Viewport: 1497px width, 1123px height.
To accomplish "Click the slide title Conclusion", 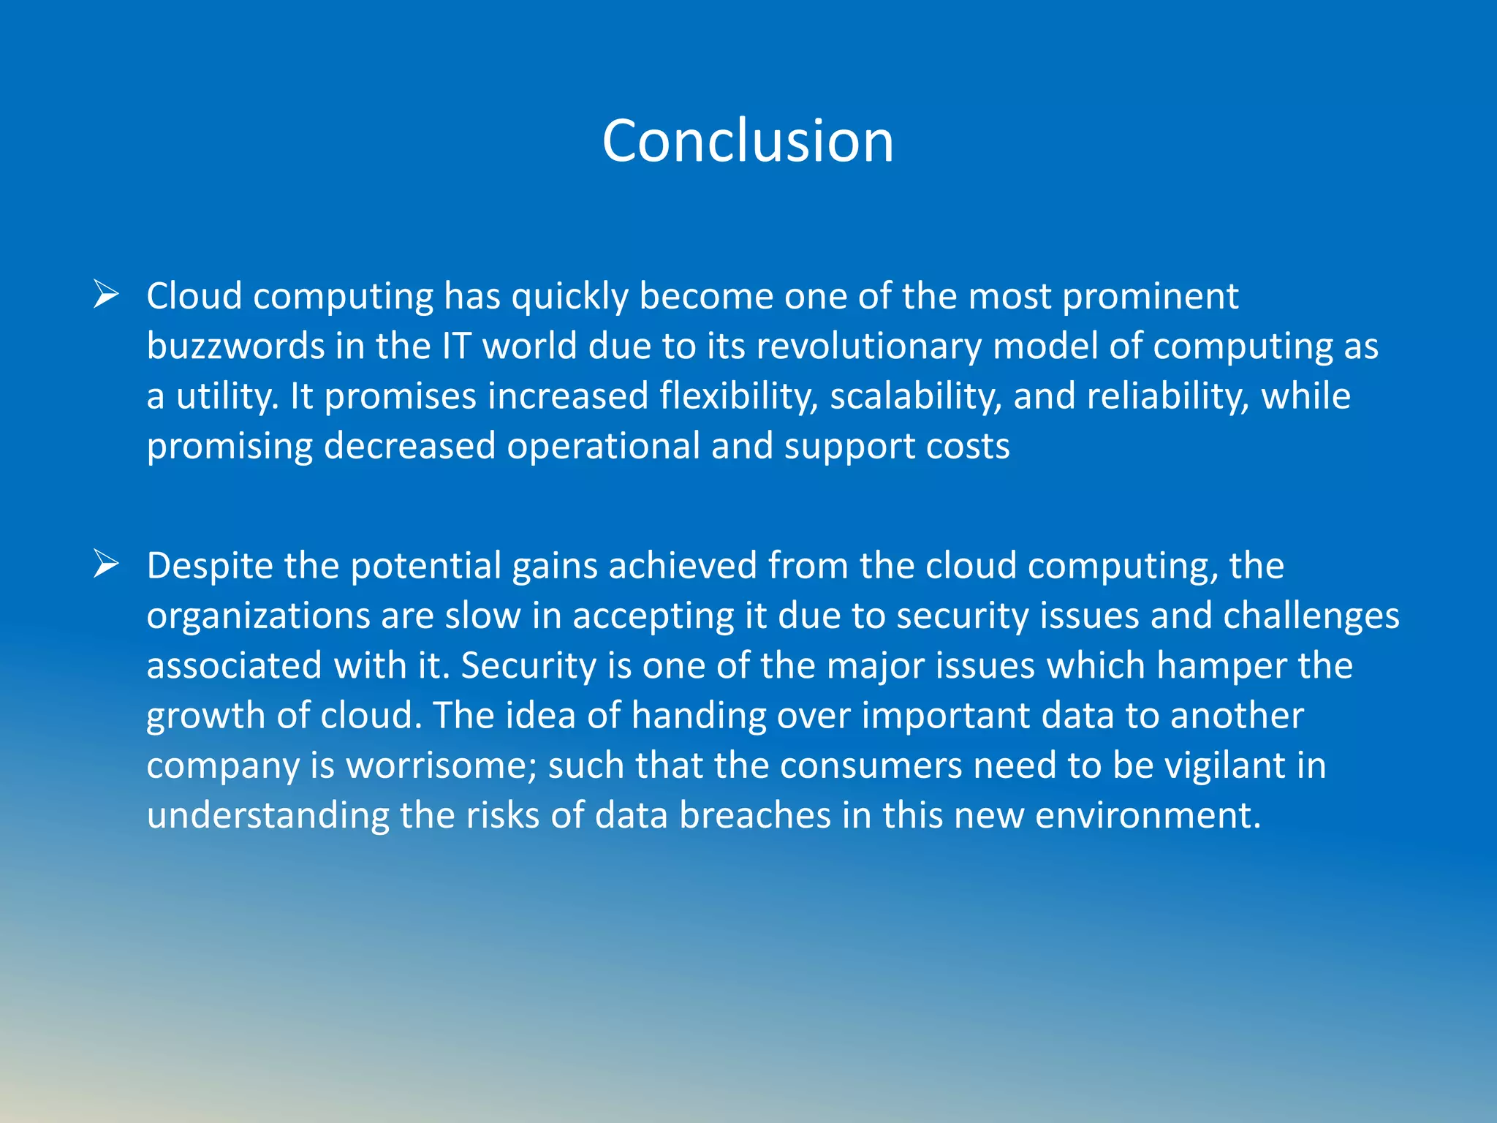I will click(x=748, y=140).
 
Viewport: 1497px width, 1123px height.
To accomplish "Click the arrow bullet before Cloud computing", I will click(x=107, y=295).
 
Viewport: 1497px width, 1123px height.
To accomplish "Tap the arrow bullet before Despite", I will click(x=107, y=564).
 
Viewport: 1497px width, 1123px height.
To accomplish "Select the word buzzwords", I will click(x=235, y=346).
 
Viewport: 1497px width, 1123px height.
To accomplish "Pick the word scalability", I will click(x=915, y=396).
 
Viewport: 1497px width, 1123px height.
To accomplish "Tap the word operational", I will click(x=603, y=445).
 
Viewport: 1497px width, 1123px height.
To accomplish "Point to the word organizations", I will click(x=257, y=616).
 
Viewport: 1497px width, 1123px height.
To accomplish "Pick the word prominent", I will click(x=1150, y=296).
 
